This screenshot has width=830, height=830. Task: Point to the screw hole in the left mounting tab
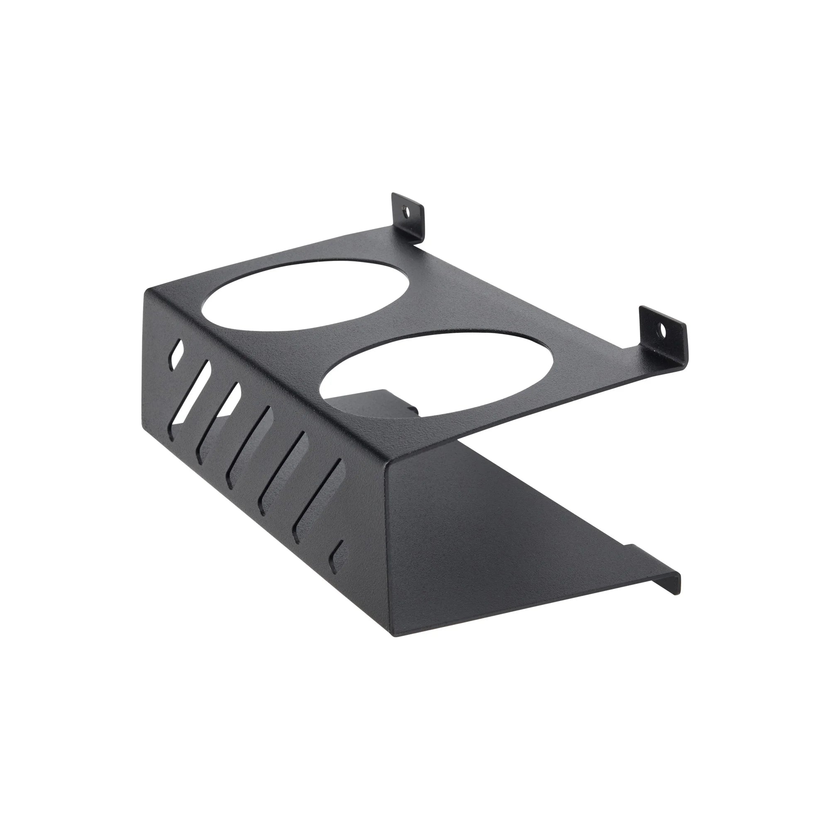[x=405, y=211]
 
